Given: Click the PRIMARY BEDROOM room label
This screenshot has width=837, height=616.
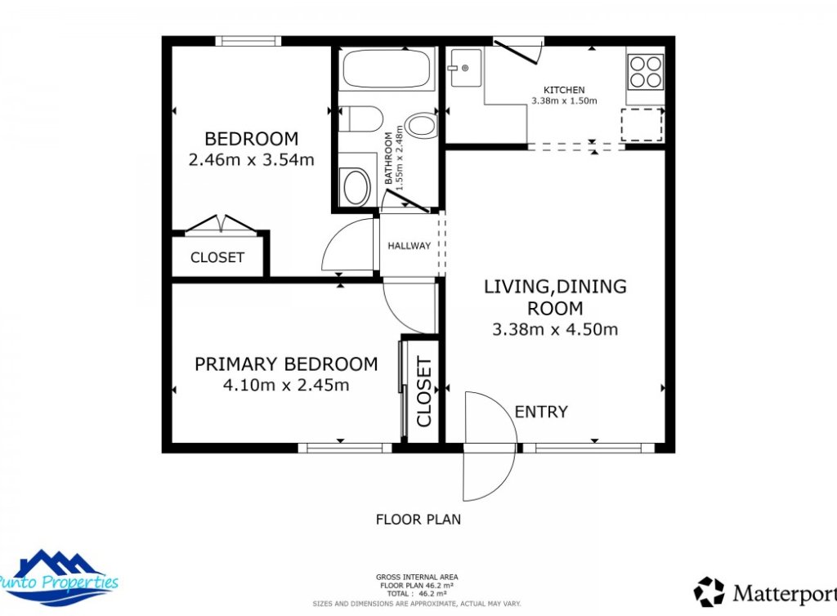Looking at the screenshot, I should [286, 364].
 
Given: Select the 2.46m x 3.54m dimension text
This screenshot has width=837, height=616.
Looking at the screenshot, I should [251, 159].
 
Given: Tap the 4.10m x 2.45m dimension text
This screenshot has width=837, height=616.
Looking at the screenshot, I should [286, 385].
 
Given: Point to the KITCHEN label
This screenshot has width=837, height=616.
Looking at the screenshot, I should [564, 90].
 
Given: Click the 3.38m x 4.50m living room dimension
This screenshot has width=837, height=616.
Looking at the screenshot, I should [555, 330].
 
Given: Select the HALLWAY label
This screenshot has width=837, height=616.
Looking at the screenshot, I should [409, 246].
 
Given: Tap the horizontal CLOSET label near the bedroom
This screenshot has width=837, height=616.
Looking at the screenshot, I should [217, 257].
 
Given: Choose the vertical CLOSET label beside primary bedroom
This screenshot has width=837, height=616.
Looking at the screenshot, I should [423, 391].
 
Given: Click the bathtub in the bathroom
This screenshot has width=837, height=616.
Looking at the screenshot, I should [386, 69].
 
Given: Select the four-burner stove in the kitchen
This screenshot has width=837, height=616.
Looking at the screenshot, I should [645, 71].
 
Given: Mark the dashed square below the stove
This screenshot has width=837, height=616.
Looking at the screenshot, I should [641, 125].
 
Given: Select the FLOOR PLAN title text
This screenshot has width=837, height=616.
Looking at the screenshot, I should [418, 519].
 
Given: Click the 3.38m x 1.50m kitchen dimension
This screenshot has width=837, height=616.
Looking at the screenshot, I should [564, 101].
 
